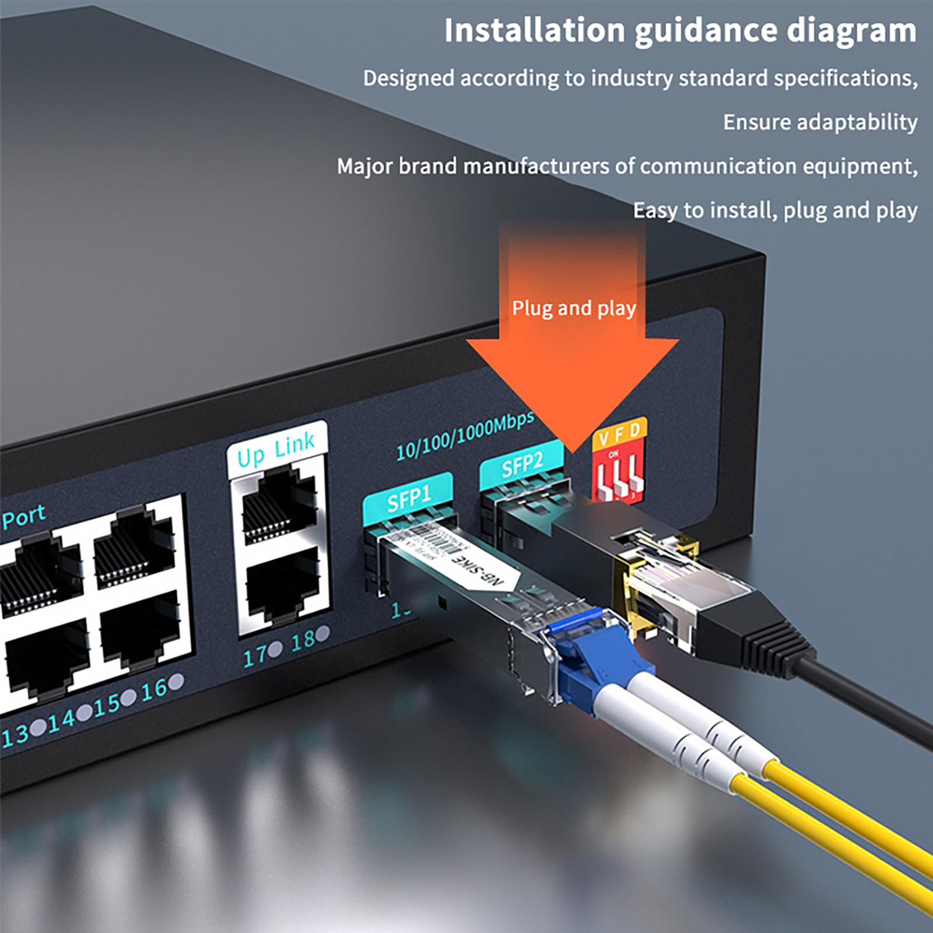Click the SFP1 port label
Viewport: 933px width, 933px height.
(x=408, y=499)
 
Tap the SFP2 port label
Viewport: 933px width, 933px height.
(x=522, y=465)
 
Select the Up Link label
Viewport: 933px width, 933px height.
(x=276, y=450)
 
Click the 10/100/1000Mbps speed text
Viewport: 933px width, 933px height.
(x=465, y=436)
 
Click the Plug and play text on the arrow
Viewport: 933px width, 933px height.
(x=574, y=308)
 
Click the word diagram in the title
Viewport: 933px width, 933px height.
(x=851, y=30)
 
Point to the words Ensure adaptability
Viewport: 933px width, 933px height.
(x=820, y=122)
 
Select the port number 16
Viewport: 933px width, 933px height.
(x=154, y=690)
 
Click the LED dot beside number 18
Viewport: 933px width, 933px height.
(x=322, y=633)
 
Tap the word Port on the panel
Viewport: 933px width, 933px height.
(x=23, y=517)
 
